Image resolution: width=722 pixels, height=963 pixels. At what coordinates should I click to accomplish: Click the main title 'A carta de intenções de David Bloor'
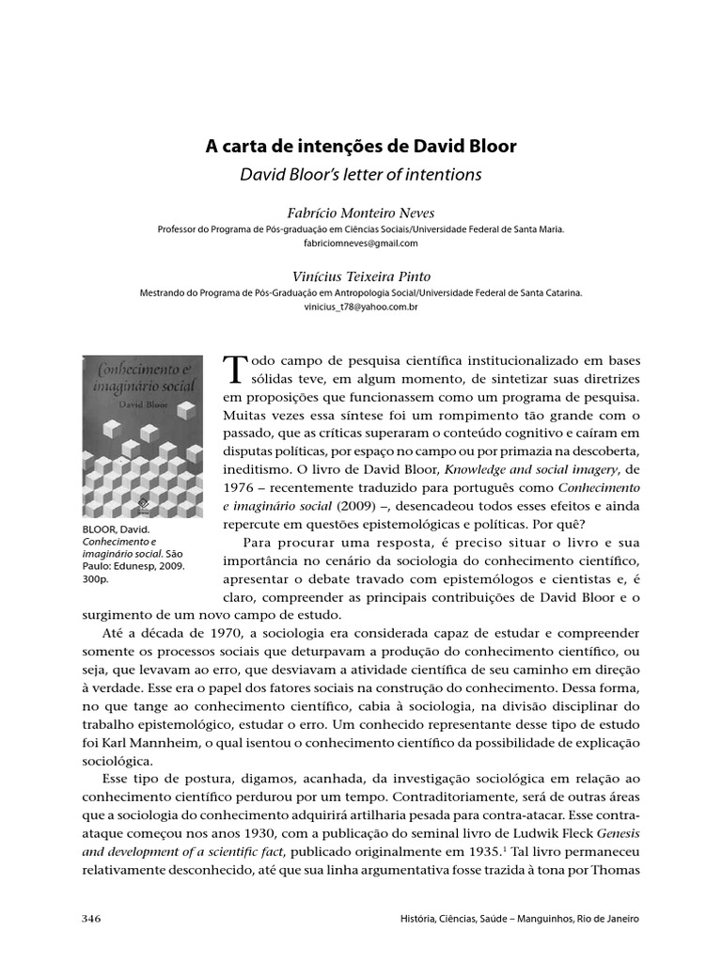coord(361,148)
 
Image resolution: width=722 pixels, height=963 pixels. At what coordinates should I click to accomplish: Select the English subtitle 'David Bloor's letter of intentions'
coord(361,174)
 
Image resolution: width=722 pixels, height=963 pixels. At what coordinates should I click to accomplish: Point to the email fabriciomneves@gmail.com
coord(361,243)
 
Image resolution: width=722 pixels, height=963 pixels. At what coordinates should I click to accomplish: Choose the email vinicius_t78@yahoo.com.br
coord(361,307)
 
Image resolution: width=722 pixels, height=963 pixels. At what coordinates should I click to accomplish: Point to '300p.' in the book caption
coord(95,580)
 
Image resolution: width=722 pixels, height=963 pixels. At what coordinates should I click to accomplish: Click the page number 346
coord(92,918)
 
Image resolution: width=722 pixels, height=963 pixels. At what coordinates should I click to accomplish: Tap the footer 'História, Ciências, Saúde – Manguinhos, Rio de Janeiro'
coord(518,918)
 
